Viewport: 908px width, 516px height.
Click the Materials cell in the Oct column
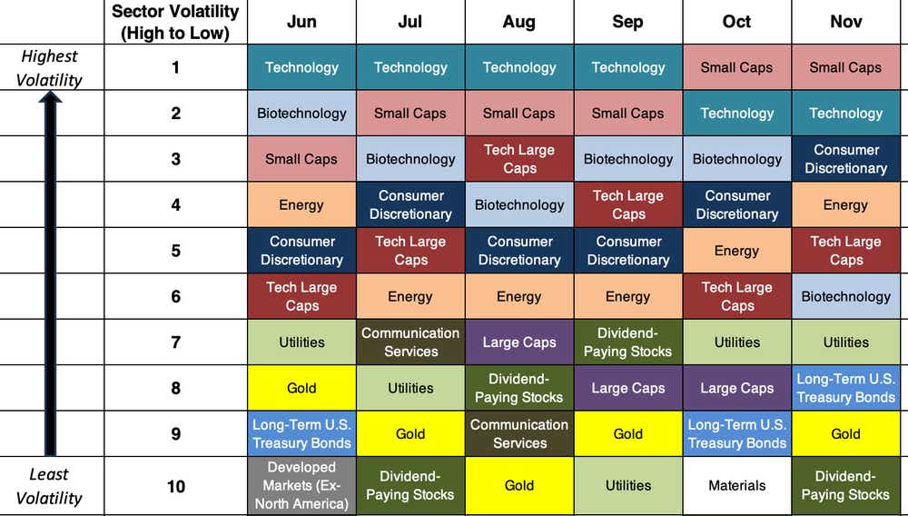coord(737,486)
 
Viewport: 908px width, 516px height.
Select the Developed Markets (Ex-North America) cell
coord(301,486)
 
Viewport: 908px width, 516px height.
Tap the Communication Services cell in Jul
coord(410,342)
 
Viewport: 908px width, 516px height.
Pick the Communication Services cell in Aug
coord(519,433)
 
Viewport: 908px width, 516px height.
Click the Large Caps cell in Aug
coord(519,342)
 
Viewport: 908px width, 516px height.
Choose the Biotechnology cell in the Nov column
coord(845,296)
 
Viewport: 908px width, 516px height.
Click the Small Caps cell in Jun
coord(301,159)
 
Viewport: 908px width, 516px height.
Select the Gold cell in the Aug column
coord(519,486)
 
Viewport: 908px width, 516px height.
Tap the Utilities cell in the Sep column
coord(628,486)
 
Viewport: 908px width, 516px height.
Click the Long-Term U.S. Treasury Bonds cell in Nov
coord(845,388)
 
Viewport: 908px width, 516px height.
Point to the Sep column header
coord(628,22)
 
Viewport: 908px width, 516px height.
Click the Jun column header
coord(301,22)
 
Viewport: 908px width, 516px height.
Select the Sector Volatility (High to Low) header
coord(175,23)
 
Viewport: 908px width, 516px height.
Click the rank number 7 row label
coord(175,342)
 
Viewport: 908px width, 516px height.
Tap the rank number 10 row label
coord(175,486)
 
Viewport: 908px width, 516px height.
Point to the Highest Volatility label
coord(51,68)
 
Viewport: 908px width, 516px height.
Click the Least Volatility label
coord(49,486)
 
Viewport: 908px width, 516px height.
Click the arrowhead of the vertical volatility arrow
coord(50,97)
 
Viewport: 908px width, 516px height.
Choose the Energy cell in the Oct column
coord(737,251)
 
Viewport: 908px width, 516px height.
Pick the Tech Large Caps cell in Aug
coord(519,159)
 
